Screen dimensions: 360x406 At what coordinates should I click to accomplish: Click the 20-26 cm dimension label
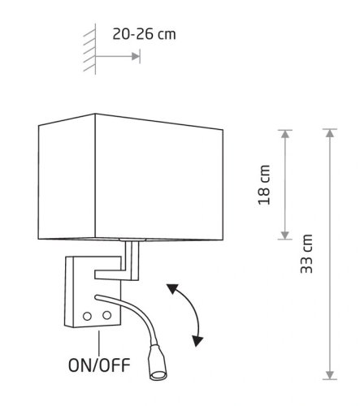(x=144, y=34)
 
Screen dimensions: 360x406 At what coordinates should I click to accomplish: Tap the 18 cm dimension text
(x=264, y=185)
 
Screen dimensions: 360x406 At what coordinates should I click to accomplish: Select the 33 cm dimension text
(x=306, y=253)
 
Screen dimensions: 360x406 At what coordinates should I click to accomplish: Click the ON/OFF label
(x=99, y=365)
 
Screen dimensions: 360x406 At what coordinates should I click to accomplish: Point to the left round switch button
(x=87, y=316)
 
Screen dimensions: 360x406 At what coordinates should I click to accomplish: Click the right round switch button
(x=106, y=315)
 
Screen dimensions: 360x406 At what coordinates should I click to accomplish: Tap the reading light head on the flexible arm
(x=157, y=362)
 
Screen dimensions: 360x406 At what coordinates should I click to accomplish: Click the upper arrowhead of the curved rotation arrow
(x=172, y=289)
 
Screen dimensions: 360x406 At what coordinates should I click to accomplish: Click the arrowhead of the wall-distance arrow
(x=136, y=56)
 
